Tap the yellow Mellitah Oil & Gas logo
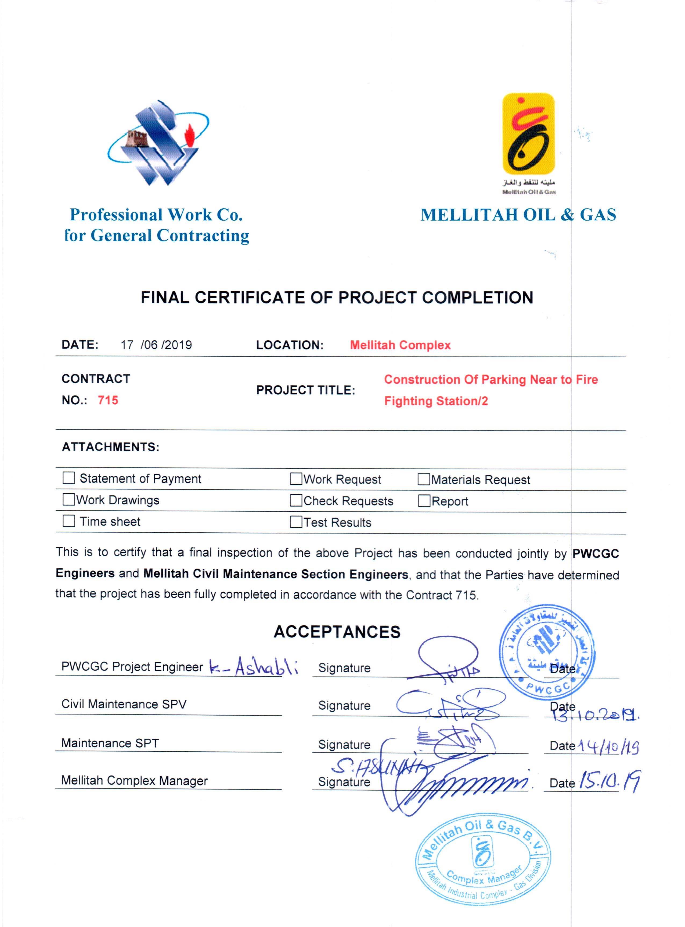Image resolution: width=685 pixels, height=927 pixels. coord(528,134)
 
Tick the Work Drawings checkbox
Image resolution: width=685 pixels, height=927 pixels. coord(69,499)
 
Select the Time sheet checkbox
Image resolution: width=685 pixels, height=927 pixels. coord(69,521)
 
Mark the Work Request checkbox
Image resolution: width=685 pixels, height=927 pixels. coord(296,479)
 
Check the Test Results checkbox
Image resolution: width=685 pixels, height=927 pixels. coord(296,522)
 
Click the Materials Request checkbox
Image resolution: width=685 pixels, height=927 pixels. coord(424,479)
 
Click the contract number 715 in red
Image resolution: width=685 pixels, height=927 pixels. coord(108,400)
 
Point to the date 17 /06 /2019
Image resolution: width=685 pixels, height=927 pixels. coord(156,345)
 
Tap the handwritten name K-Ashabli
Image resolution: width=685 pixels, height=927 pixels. coord(253,666)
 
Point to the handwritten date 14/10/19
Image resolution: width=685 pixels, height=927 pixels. coord(608,747)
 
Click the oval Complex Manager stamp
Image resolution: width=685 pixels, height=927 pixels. coord(484,858)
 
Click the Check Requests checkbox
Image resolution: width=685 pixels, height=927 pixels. coord(296,501)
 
